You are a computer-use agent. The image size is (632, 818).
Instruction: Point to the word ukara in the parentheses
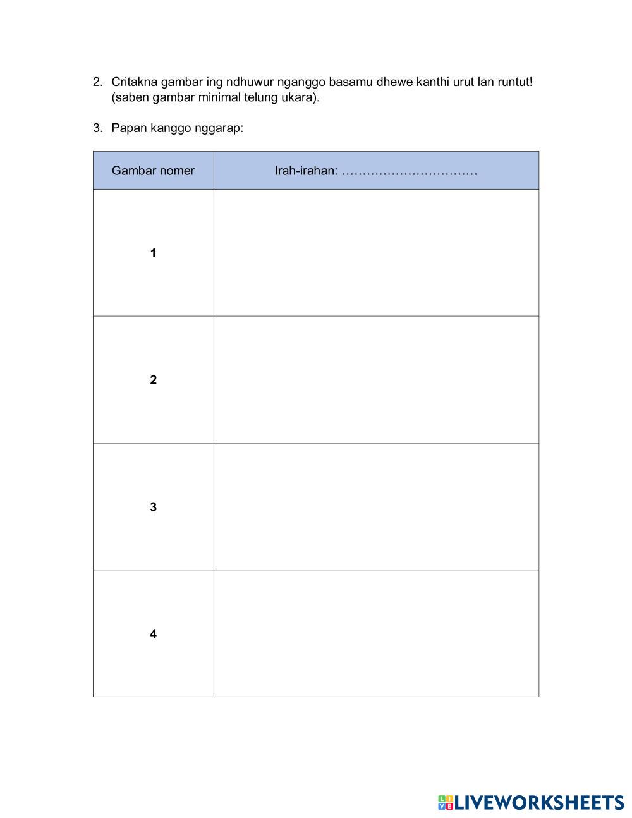pos(296,98)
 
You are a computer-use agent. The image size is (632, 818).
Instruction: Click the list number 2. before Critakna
pos(97,82)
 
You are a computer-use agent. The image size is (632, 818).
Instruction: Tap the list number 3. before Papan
pos(97,128)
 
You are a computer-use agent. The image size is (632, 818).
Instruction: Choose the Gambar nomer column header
pos(153,171)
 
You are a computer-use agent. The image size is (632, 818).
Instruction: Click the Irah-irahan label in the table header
pos(306,171)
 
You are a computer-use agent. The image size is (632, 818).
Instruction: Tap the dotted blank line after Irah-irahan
pos(410,171)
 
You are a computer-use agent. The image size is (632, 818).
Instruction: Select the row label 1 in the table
pos(153,253)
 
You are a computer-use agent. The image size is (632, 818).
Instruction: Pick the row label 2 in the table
pos(153,380)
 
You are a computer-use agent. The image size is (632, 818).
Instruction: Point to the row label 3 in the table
pos(153,507)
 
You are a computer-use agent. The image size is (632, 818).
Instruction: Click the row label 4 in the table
pos(153,634)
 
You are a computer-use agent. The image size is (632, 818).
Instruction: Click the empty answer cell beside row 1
pos(376,253)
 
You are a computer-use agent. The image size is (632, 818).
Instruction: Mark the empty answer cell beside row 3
pos(376,506)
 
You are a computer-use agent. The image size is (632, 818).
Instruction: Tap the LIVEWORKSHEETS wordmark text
pos(539,803)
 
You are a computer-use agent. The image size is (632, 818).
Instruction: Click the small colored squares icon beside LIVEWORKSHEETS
pos(445,803)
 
